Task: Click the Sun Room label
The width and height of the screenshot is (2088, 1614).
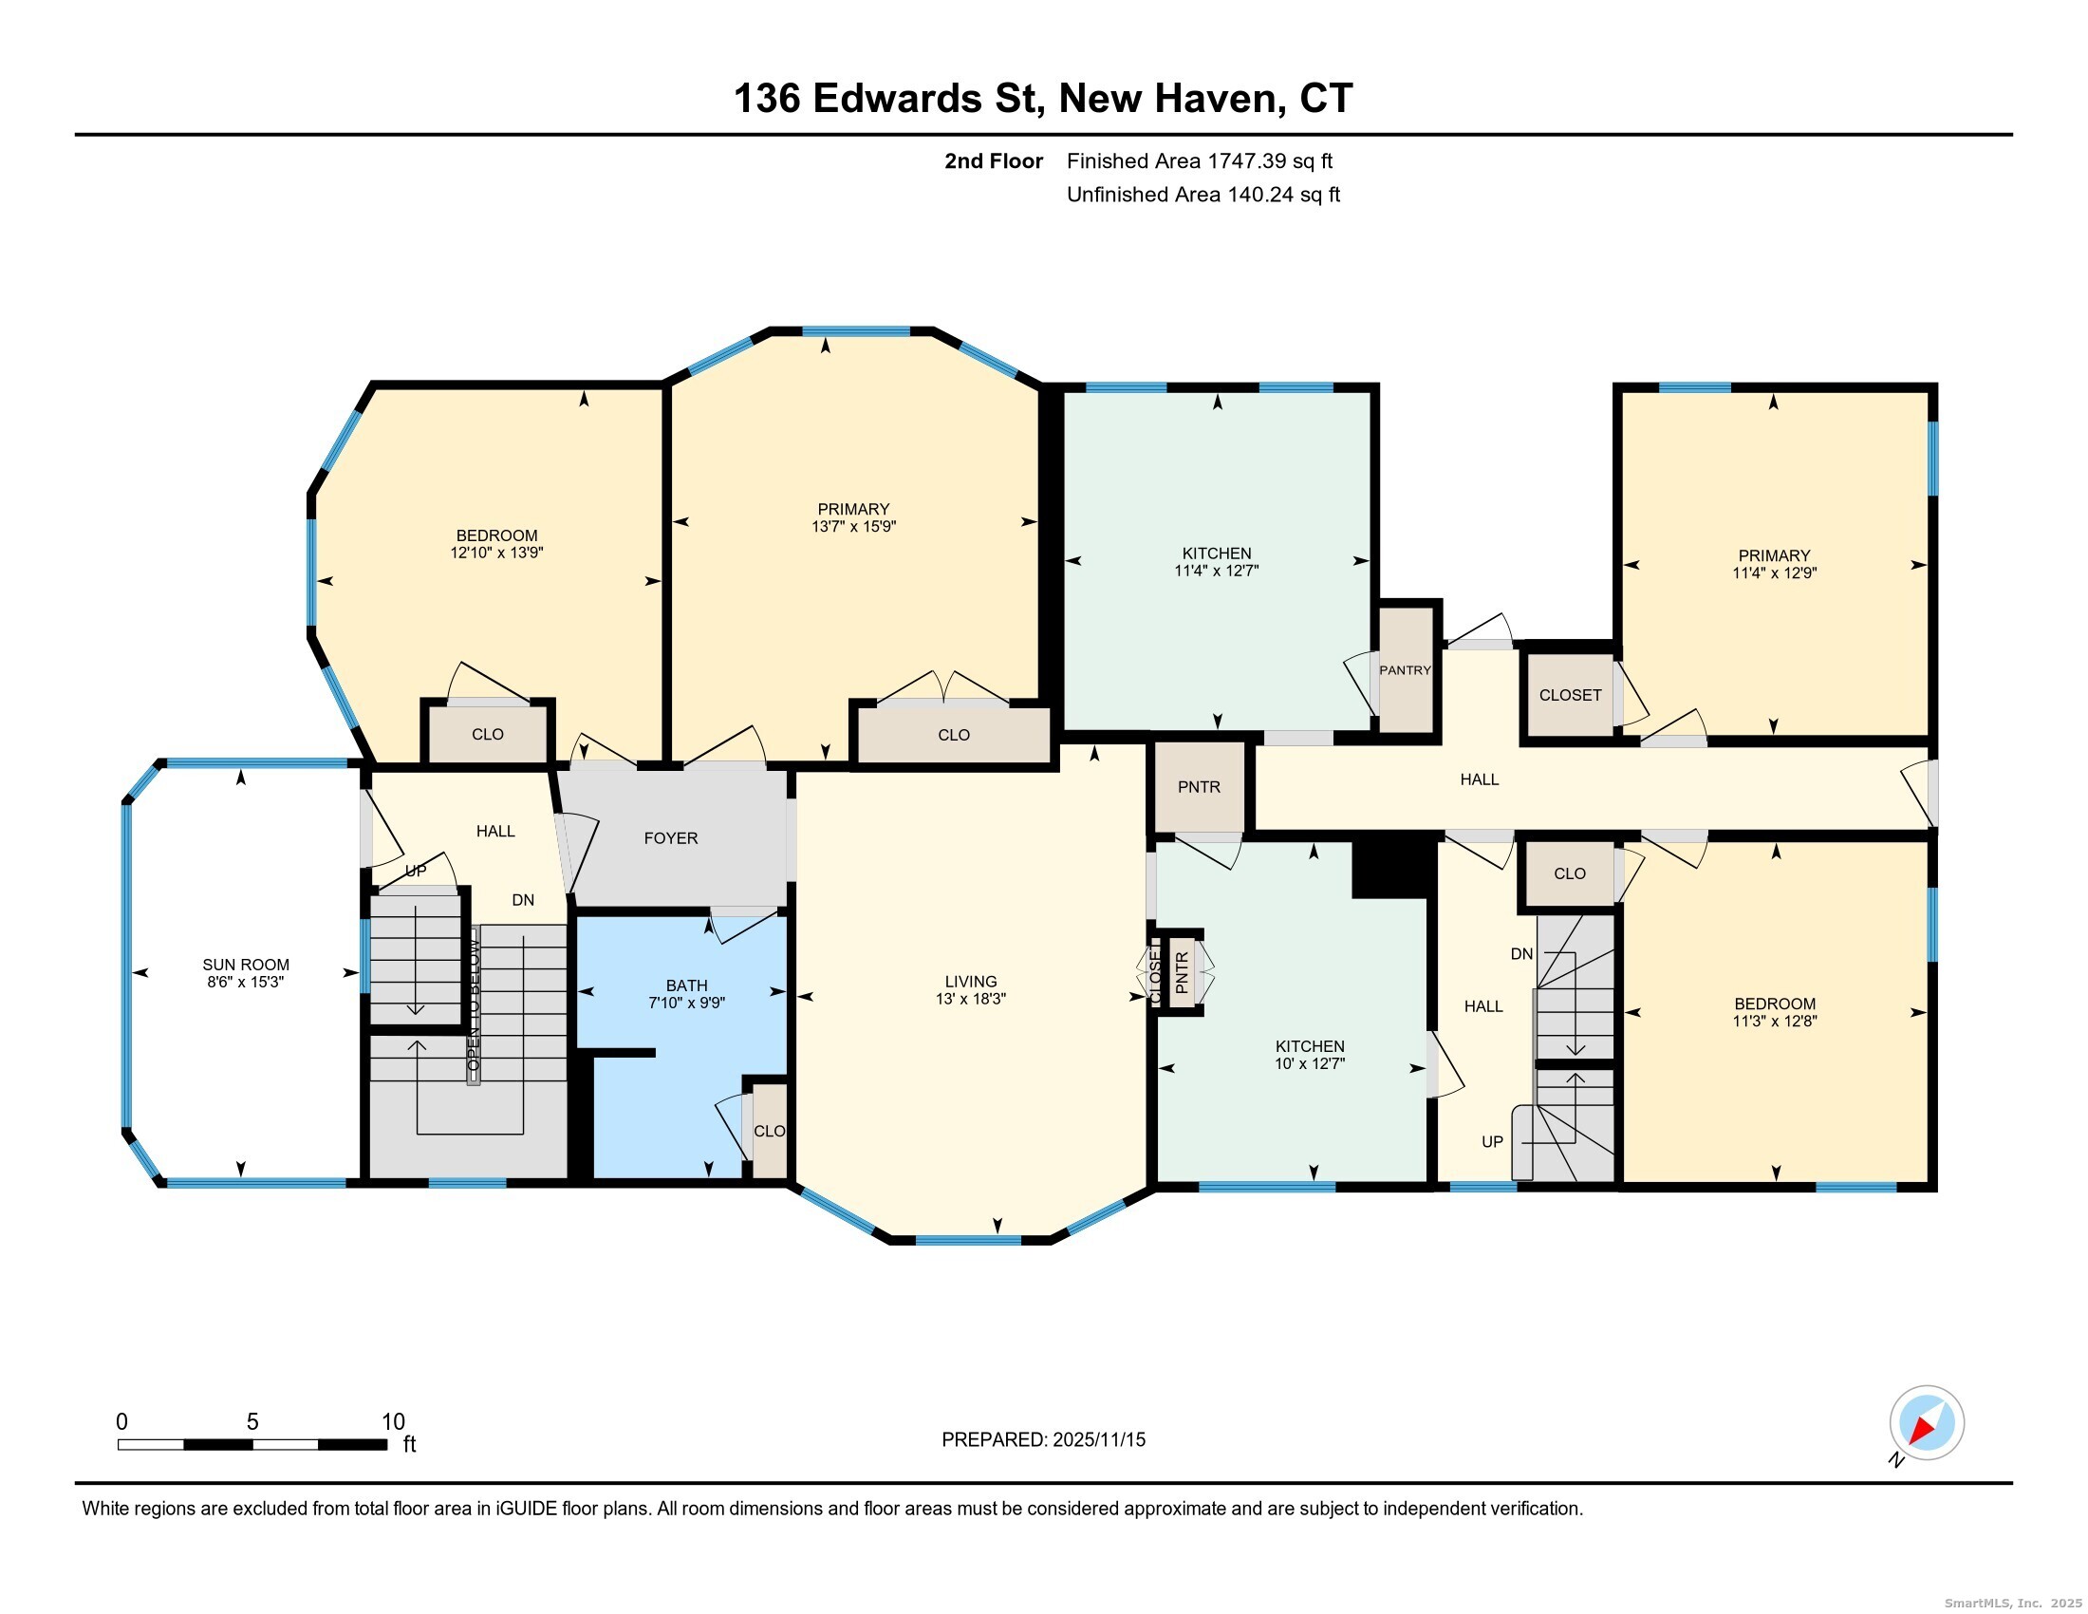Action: (246, 965)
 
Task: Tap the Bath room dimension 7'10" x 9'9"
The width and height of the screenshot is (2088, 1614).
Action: (686, 1003)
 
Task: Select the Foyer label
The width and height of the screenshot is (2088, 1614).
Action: (671, 838)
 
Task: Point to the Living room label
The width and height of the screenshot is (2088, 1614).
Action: (970, 982)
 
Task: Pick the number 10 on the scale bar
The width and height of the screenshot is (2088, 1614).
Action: (393, 1422)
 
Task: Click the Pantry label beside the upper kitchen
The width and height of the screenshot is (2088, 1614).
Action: (1405, 670)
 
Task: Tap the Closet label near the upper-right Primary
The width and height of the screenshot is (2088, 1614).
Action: (1570, 695)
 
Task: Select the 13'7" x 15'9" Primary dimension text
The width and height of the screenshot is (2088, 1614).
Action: (854, 527)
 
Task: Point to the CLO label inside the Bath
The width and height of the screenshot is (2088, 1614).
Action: (770, 1131)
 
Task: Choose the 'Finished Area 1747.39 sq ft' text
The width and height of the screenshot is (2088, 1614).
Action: (1200, 161)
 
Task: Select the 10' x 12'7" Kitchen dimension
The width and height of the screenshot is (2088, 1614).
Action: (1310, 1063)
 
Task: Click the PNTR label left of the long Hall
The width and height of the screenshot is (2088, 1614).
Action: (1199, 787)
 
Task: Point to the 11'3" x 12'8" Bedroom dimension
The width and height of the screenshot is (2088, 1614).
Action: (1775, 1022)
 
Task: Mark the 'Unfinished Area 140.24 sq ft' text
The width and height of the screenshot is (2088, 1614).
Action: (1203, 195)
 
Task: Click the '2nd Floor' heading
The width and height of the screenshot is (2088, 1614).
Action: (994, 161)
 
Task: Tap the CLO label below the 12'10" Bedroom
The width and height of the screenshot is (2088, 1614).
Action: (488, 734)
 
